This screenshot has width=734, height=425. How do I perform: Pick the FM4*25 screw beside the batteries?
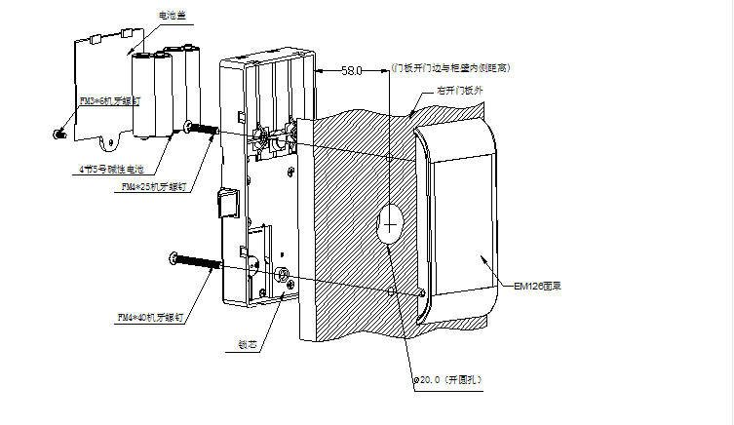203,128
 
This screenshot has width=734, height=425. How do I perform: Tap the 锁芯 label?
247,344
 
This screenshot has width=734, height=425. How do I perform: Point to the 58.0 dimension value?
352,71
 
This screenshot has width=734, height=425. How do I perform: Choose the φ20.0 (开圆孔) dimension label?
448,377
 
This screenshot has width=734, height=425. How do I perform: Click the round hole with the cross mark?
390,226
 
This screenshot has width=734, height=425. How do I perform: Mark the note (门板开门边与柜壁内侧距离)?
450,68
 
